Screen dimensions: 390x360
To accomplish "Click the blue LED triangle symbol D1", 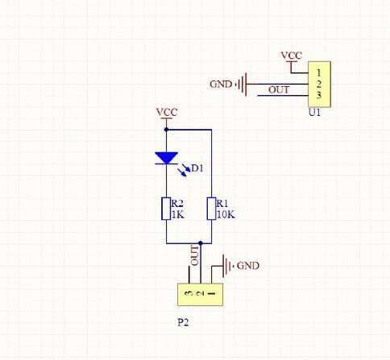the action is (166, 158).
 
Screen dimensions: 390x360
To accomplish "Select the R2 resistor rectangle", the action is (166, 209).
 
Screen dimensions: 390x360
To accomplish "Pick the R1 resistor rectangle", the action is (211, 209).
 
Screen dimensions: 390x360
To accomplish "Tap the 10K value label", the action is (226, 215).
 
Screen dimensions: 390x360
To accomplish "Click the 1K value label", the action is (177, 215).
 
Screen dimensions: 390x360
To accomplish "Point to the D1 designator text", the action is (197, 168).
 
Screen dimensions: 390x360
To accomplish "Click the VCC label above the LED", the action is (167, 112).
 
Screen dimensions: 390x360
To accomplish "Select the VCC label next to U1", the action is (292, 56).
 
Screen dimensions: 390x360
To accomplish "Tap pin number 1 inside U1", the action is (318, 72).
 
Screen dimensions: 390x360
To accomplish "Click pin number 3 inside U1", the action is (318, 95).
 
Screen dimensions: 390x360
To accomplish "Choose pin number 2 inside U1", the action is (318, 84).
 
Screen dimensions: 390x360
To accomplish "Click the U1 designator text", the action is (314, 112).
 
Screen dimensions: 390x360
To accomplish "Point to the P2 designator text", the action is (183, 322).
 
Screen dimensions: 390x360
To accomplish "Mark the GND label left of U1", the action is (221, 85).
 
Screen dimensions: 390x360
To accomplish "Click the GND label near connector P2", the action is (248, 266).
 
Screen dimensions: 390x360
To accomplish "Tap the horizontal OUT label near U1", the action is (279, 89).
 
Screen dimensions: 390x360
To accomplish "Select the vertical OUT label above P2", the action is (194, 255).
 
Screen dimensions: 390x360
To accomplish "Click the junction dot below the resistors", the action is (200, 243).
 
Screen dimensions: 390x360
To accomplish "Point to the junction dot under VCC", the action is (166, 130).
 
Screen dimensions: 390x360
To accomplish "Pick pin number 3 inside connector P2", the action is (189, 293).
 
